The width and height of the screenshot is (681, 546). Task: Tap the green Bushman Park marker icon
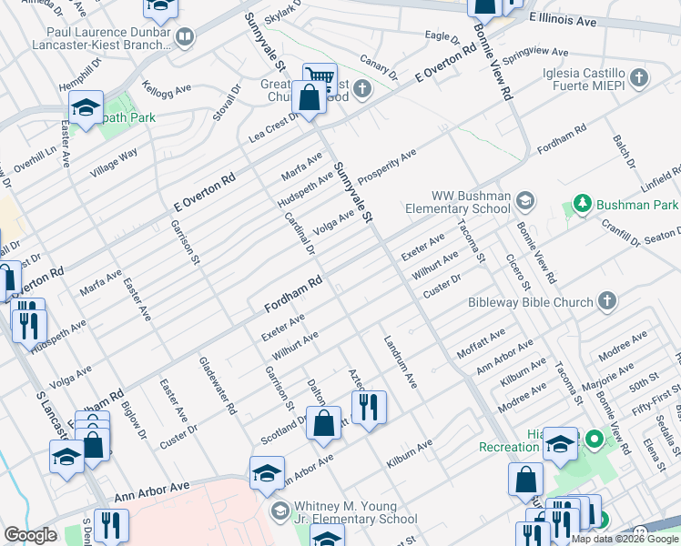[x=580, y=205]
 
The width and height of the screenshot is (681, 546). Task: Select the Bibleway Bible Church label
[x=531, y=301]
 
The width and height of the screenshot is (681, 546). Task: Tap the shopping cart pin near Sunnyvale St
[x=320, y=78]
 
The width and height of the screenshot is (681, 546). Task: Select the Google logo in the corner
[x=30, y=535]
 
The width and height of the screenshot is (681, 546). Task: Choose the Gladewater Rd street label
[x=218, y=386]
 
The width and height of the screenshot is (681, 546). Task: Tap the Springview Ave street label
[x=541, y=61]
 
